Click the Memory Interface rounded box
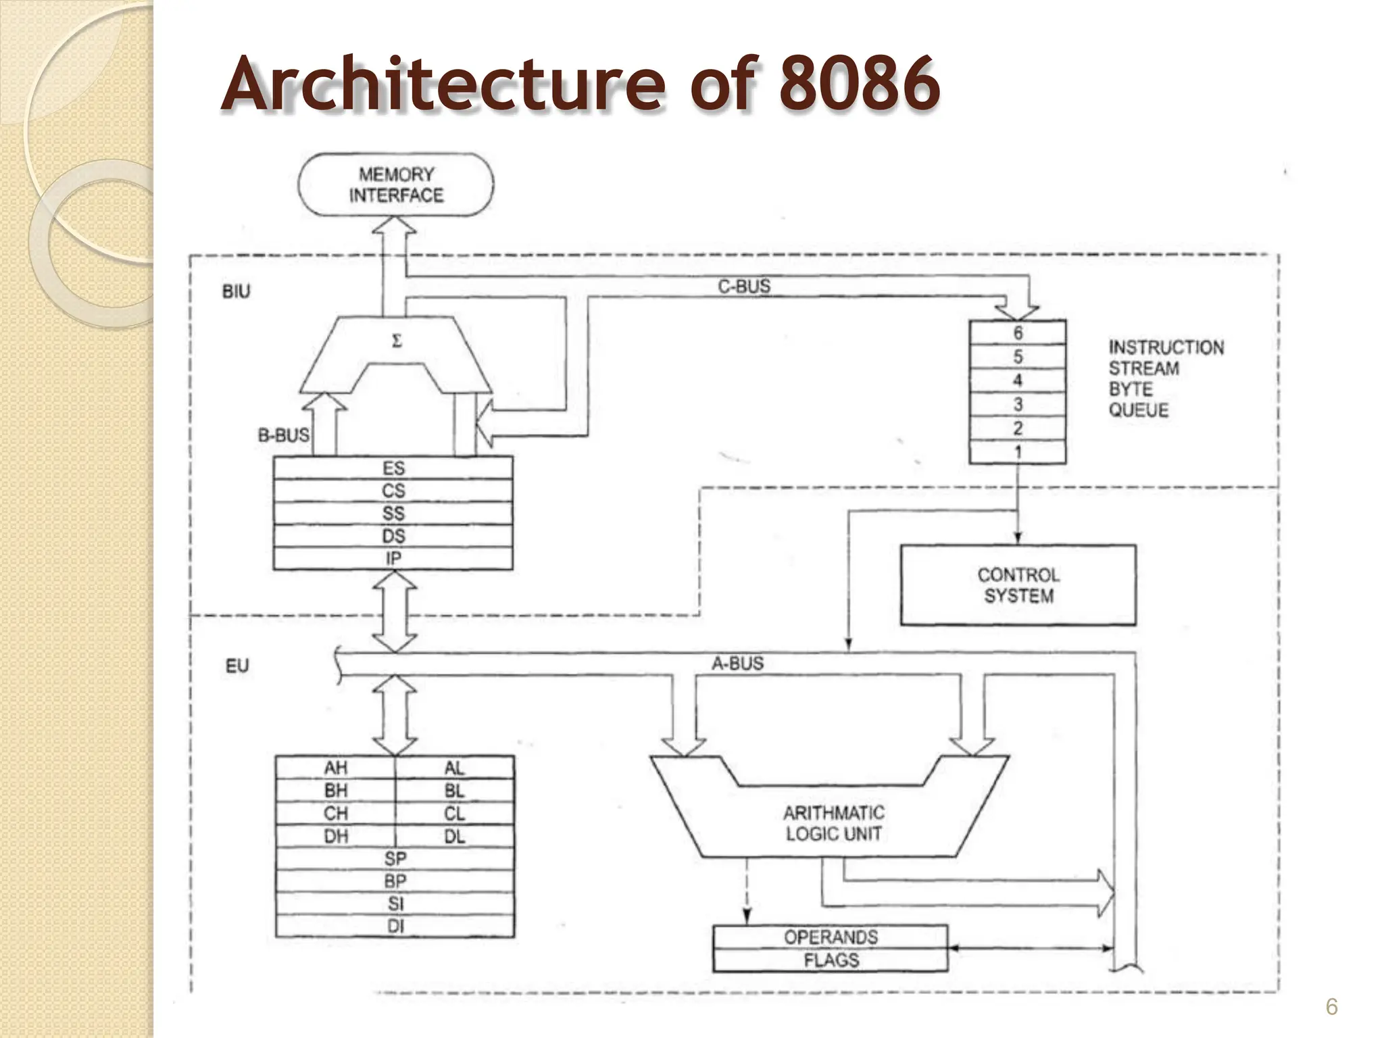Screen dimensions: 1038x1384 [396, 184]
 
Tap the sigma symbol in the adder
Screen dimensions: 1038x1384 [397, 342]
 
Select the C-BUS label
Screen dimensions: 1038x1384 [744, 287]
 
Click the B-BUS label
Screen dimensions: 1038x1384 [283, 435]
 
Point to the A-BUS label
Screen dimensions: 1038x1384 [737, 664]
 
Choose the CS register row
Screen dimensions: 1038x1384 [393, 491]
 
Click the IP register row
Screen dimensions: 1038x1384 [393, 558]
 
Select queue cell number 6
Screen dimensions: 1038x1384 [1018, 333]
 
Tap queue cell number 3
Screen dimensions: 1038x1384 [1018, 404]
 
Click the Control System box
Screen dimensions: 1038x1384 [1018, 585]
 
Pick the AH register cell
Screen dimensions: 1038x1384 [336, 768]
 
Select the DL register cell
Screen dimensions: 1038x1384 [455, 837]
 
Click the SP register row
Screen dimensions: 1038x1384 [395, 859]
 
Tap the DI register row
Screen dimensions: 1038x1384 [395, 926]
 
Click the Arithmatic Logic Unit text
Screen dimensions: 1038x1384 [833, 823]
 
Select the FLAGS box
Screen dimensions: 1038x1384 [831, 960]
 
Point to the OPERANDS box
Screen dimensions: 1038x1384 [831, 937]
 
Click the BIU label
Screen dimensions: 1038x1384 [236, 292]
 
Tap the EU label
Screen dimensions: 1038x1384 [237, 666]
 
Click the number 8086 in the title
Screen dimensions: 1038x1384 [858, 84]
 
